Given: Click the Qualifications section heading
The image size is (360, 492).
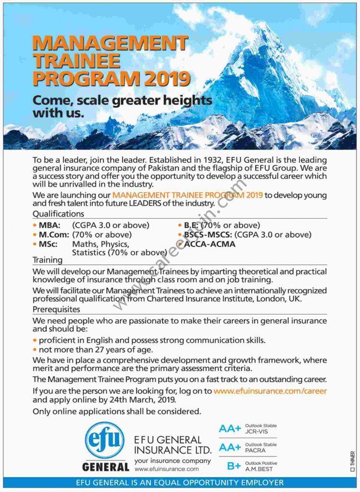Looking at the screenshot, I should [x=58, y=214].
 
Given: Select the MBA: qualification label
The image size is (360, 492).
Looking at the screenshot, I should [x=50, y=225].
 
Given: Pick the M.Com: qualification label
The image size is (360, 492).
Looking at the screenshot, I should [x=52, y=234].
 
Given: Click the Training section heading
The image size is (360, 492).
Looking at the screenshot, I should [x=48, y=260].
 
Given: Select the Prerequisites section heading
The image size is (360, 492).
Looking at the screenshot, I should [x=56, y=309].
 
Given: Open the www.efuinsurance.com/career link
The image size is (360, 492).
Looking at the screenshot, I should [x=270, y=391].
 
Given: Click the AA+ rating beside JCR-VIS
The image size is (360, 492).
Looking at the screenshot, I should [x=229, y=429].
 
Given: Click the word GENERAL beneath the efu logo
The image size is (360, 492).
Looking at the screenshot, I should [x=105, y=467].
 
